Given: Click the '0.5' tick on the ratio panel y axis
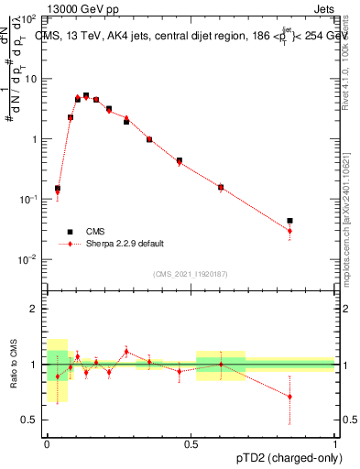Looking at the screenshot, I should pos(29,420).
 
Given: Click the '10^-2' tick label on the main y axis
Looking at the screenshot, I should pos(27,259).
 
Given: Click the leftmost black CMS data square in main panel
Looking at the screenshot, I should pos(58,189).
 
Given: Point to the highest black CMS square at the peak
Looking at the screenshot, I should pos(86,95).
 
